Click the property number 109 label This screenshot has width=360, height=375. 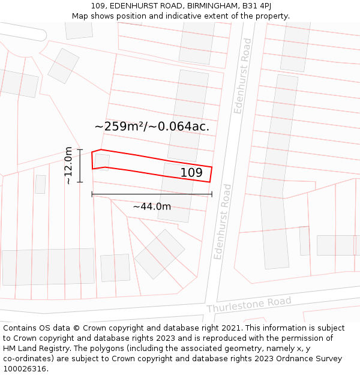tap(191, 173)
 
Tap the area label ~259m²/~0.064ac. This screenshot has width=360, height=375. tap(152, 127)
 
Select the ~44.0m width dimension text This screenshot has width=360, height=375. tap(152, 207)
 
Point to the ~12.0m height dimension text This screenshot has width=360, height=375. tap(68, 165)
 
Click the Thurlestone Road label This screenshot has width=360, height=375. tap(249, 304)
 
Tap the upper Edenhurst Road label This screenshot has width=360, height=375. tap(242, 76)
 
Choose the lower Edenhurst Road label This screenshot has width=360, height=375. tap(223, 221)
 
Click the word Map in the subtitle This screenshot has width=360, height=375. tap(80, 16)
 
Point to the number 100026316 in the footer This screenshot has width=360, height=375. tap(25, 369)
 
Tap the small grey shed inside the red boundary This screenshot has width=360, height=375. tap(102, 162)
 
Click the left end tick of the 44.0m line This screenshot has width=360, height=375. tap(92, 194)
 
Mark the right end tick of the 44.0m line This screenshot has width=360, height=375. tap(212, 194)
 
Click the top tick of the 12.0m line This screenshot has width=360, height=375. tap(80, 149)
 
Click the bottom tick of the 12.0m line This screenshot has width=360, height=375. tap(80, 181)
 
